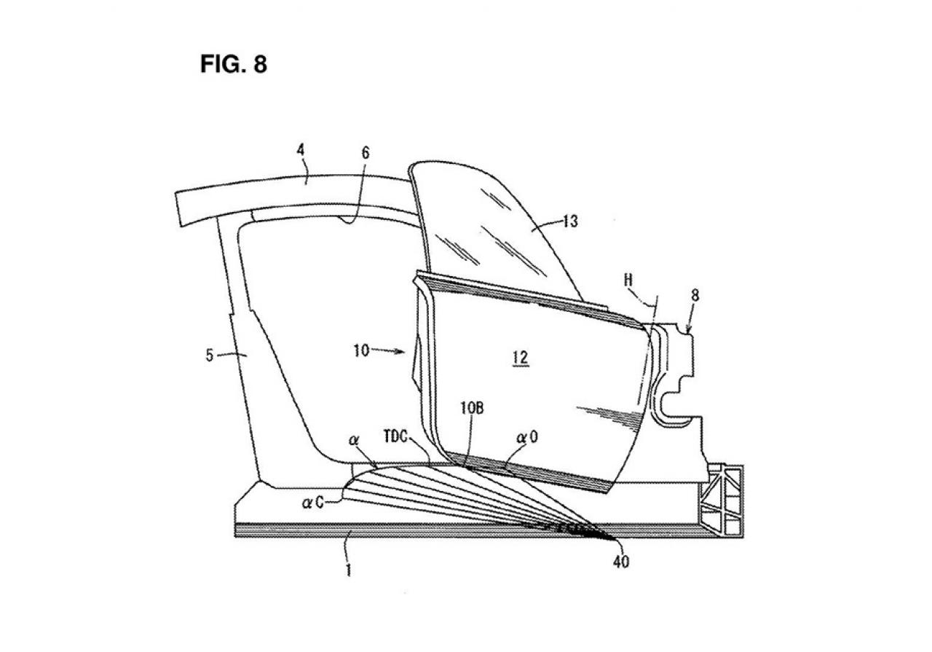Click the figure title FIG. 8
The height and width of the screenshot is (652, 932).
(x=234, y=64)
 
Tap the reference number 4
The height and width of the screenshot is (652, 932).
(x=301, y=150)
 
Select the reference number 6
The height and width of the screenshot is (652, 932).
(x=366, y=153)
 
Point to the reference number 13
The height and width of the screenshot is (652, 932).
(x=571, y=221)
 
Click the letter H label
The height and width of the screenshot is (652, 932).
(x=628, y=280)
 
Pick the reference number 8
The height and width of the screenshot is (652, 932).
(x=695, y=296)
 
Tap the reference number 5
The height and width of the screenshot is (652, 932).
(x=210, y=356)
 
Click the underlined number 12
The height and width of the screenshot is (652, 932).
(x=521, y=358)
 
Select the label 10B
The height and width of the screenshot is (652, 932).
(x=473, y=408)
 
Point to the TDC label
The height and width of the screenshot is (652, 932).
(x=395, y=438)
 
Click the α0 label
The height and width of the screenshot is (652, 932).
(x=527, y=437)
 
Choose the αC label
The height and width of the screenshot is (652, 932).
(x=312, y=503)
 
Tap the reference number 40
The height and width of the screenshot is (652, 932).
(x=621, y=562)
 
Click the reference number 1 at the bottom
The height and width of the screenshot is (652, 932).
(x=349, y=570)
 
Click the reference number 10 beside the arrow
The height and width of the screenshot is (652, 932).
(x=361, y=350)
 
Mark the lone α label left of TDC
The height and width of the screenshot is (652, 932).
(x=354, y=440)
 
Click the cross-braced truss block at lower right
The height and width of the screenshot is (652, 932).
(x=722, y=501)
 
